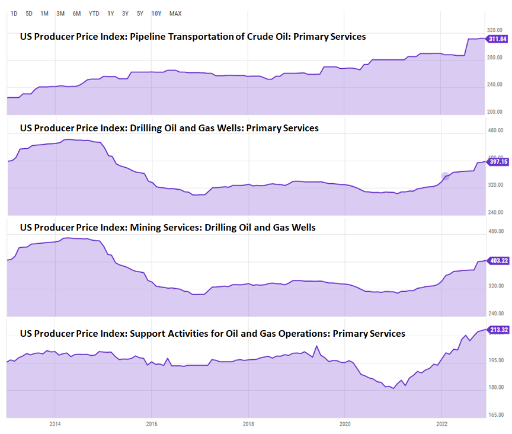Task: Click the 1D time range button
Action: point(14,13)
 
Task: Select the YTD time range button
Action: point(94,13)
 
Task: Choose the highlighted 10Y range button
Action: point(156,13)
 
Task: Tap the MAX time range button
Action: point(175,13)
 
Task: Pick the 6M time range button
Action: point(76,13)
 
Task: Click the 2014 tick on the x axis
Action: point(55,424)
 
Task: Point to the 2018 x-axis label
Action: point(248,424)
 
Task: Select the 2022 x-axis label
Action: point(441,424)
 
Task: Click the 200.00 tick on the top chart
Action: point(495,112)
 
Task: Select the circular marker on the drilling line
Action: point(445,176)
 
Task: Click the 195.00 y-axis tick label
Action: point(495,360)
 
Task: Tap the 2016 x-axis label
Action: point(151,424)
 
